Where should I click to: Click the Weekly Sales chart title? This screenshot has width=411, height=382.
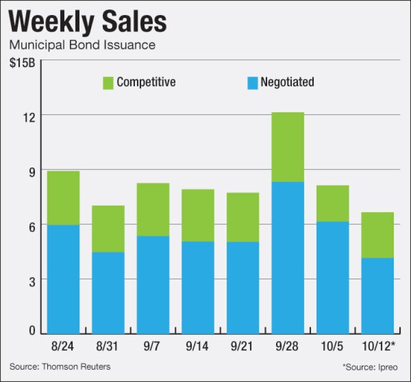[88, 22]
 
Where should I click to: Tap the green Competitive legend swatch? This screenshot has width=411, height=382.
[107, 83]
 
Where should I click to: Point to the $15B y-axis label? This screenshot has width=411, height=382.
[22, 62]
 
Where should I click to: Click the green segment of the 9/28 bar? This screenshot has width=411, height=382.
[287, 147]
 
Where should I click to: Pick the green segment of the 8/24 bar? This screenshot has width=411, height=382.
[63, 198]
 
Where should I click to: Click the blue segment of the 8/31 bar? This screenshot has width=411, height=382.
[108, 293]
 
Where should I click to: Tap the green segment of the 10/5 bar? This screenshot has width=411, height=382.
[332, 203]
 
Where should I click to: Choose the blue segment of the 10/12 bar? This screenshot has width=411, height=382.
[377, 295]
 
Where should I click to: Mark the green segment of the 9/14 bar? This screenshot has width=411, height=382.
[198, 215]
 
